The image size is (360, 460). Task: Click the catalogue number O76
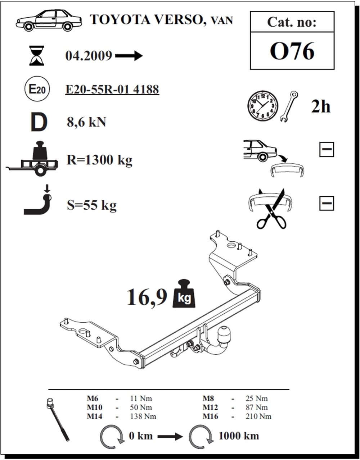click(x=292, y=51)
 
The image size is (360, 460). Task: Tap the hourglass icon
click(x=37, y=55)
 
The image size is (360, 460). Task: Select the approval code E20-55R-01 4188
click(x=112, y=89)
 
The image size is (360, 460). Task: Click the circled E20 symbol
click(x=37, y=89)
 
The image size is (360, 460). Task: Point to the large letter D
click(x=39, y=122)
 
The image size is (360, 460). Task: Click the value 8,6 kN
click(x=86, y=122)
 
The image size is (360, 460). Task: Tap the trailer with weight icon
click(x=32, y=159)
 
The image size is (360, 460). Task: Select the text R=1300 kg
click(x=99, y=160)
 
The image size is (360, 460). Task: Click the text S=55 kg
click(x=91, y=205)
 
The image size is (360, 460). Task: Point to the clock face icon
click(x=262, y=106)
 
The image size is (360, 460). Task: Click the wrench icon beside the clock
click(x=289, y=106)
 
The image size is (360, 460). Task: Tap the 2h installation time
click(x=321, y=107)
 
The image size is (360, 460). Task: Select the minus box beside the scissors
click(x=327, y=203)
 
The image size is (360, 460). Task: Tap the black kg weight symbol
click(x=184, y=293)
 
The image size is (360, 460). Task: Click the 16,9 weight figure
click(x=147, y=297)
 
